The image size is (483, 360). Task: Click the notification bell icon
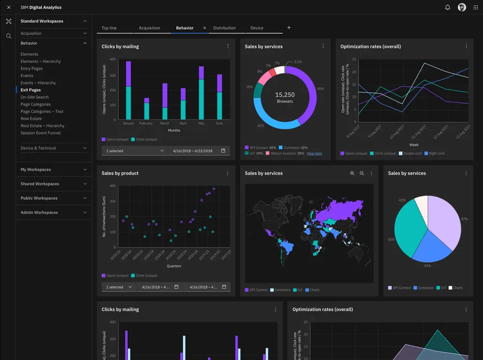click(447, 7)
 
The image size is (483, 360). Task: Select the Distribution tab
click(224, 28)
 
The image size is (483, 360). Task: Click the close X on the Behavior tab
click(204, 28)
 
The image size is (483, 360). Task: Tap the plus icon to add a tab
click(289, 28)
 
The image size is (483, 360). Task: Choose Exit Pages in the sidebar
click(30, 90)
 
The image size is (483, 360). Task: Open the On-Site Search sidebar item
click(35, 97)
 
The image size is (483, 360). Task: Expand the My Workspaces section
click(53, 169)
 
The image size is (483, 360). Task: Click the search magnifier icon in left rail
click(9, 36)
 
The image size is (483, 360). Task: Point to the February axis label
click(146, 123)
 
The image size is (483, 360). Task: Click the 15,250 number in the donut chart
click(285, 95)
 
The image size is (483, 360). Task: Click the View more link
click(314, 154)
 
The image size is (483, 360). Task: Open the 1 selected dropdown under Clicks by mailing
click(134, 151)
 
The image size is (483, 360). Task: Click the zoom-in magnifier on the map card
click(352, 173)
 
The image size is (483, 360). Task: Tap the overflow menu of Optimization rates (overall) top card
click(466, 46)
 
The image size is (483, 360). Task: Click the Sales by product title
click(120, 173)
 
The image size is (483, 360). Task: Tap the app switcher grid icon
click(475, 7)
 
